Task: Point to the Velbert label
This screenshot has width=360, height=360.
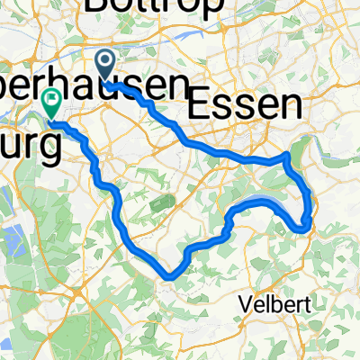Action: click(277, 304)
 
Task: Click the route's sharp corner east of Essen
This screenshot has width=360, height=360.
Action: click(285, 155)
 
